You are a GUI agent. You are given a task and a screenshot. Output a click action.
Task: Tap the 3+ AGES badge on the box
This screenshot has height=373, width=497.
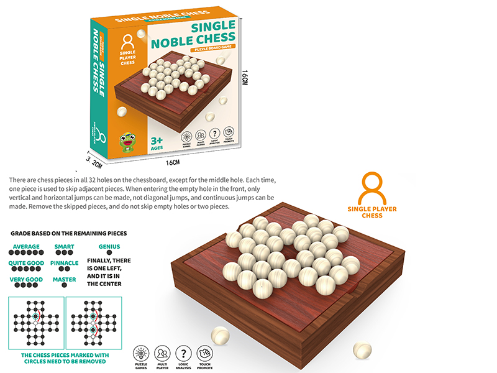point(157,143)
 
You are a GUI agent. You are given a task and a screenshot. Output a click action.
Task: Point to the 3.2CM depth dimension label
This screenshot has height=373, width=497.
point(93,159)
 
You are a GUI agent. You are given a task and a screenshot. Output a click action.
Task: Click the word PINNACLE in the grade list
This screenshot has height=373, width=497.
point(65,263)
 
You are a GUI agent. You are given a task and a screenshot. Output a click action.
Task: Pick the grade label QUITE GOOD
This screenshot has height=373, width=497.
point(25,263)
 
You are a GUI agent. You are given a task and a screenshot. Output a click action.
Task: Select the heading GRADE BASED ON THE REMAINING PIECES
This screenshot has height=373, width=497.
point(68,233)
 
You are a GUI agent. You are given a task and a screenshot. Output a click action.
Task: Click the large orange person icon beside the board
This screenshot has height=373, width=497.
point(373,188)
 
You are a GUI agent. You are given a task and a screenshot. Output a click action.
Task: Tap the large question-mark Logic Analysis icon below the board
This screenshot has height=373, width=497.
point(183,352)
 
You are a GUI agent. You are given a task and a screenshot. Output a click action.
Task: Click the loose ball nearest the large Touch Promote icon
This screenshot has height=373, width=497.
point(221,336)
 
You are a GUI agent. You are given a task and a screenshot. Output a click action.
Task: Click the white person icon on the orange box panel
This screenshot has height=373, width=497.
point(128,43)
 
